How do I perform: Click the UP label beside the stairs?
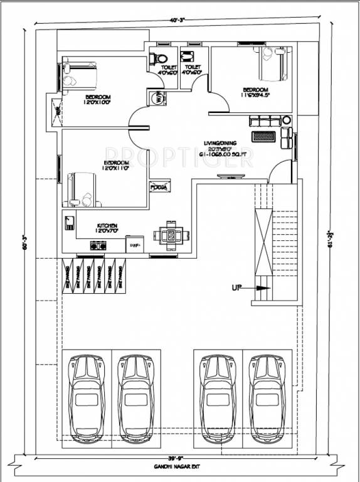[236, 288]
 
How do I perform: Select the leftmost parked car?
[87, 397]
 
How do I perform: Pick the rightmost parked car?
[265, 397]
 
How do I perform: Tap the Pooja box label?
[158, 187]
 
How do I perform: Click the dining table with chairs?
[169, 235]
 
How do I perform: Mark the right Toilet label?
[193, 69]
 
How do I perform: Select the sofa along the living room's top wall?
[263, 120]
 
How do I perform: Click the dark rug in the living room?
[266, 136]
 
